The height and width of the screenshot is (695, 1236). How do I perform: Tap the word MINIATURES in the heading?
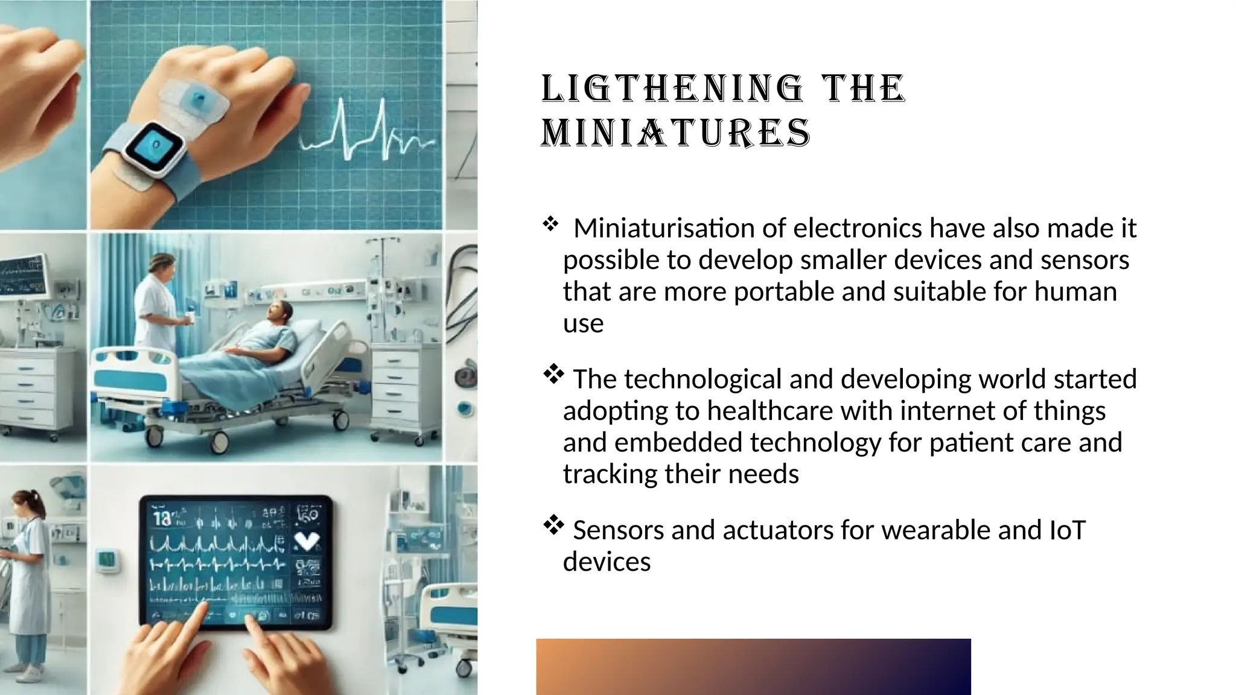[x=676, y=133]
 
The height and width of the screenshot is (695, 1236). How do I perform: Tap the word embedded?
[x=678, y=443]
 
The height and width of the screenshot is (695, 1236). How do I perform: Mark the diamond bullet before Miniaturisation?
[x=550, y=225]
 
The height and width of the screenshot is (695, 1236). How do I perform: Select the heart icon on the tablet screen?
[x=306, y=541]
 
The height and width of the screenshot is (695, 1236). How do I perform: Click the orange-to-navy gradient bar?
[x=753, y=666]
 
